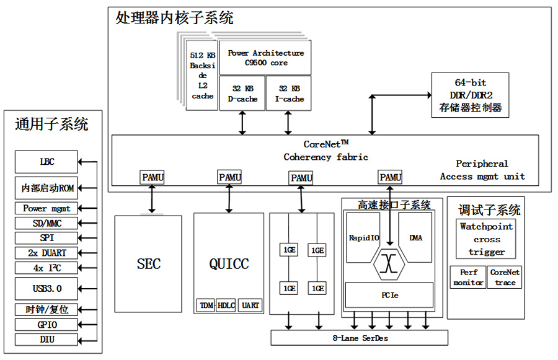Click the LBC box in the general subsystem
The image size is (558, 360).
(46, 162)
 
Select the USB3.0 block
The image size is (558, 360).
(46, 289)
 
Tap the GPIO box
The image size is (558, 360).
(46, 324)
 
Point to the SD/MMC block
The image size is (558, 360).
(46, 223)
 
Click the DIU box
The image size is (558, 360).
(46, 339)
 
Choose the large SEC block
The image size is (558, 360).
(148, 264)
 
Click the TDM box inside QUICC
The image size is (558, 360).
(205, 305)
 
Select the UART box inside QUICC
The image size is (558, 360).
(250, 305)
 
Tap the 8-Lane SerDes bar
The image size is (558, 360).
(359, 338)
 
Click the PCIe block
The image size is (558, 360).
(389, 295)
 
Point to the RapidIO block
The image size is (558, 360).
(363, 238)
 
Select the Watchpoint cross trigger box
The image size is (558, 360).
(487, 239)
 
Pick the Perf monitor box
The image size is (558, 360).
(468, 277)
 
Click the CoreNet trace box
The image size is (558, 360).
(505, 277)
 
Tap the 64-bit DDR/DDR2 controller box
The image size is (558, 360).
(470, 95)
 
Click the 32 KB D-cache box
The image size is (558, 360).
(242, 94)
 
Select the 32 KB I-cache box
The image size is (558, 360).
(289, 94)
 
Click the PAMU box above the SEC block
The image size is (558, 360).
(153, 178)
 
